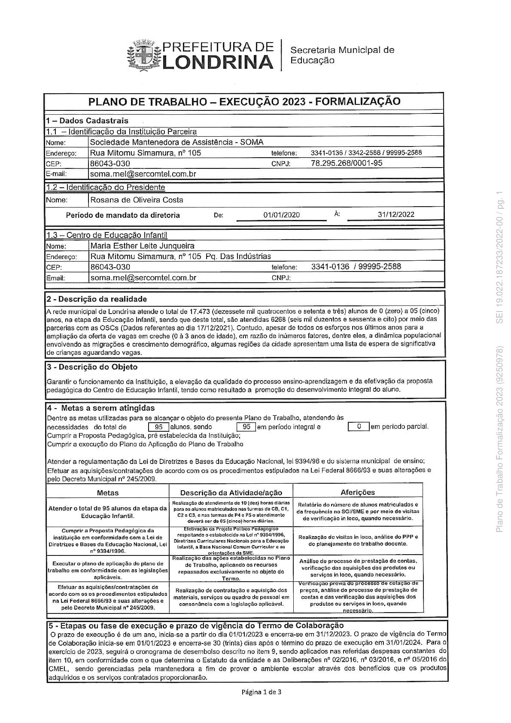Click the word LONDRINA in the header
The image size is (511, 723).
218,63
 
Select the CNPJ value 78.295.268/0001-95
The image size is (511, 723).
346,163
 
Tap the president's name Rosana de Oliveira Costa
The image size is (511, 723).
137,200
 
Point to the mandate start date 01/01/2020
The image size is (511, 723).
281,215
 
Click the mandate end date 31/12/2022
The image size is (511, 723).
396,214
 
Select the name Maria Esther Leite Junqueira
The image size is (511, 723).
142,246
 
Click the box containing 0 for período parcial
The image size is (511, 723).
358,427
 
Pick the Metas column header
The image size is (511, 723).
108,493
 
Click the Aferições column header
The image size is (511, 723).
358,492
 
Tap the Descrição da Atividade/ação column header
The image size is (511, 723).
231,493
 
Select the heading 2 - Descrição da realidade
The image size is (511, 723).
97,299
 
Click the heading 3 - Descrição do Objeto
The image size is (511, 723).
92,367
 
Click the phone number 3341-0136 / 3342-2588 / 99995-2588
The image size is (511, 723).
366,153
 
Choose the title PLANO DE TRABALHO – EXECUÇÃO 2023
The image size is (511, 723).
244,101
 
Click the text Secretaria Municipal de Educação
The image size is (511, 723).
342,55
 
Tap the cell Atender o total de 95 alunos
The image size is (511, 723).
107,512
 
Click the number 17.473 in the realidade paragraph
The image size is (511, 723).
199,311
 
